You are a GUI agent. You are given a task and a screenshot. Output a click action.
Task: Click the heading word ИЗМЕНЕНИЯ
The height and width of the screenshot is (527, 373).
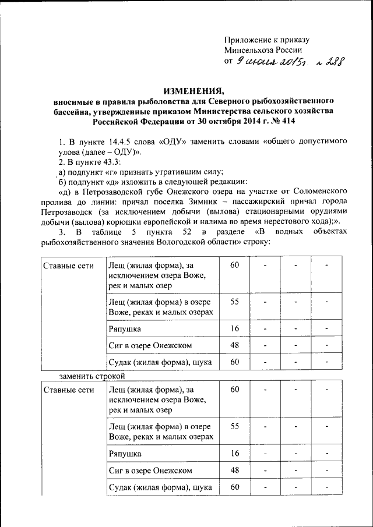193,91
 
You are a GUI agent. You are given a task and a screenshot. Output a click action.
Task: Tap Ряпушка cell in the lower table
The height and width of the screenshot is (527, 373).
125,452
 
